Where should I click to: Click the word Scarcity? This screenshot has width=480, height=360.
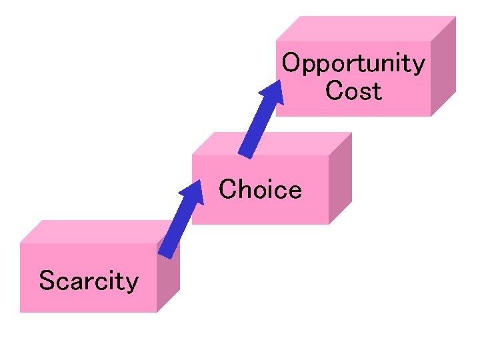click(x=88, y=281)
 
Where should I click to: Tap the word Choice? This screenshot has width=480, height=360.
click(x=260, y=190)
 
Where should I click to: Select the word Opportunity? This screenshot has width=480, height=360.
click(x=353, y=64)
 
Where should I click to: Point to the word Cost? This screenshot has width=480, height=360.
click(x=353, y=91)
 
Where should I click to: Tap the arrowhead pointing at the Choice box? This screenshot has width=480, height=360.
click(x=193, y=193)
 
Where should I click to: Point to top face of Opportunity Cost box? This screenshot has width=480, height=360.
click(x=367, y=29)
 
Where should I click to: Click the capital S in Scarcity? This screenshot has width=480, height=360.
click(x=46, y=281)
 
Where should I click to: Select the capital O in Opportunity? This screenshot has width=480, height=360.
click(x=291, y=63)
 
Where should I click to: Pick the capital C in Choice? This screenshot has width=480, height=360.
click(x=227, y=189)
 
